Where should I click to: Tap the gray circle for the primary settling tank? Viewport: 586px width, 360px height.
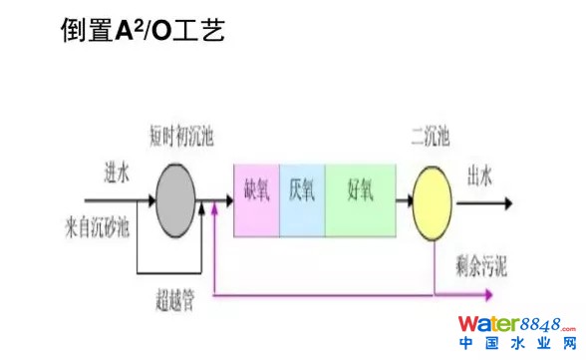179,199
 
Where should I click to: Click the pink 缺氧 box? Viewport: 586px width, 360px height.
256,200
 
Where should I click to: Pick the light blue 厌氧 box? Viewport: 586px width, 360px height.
302,200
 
